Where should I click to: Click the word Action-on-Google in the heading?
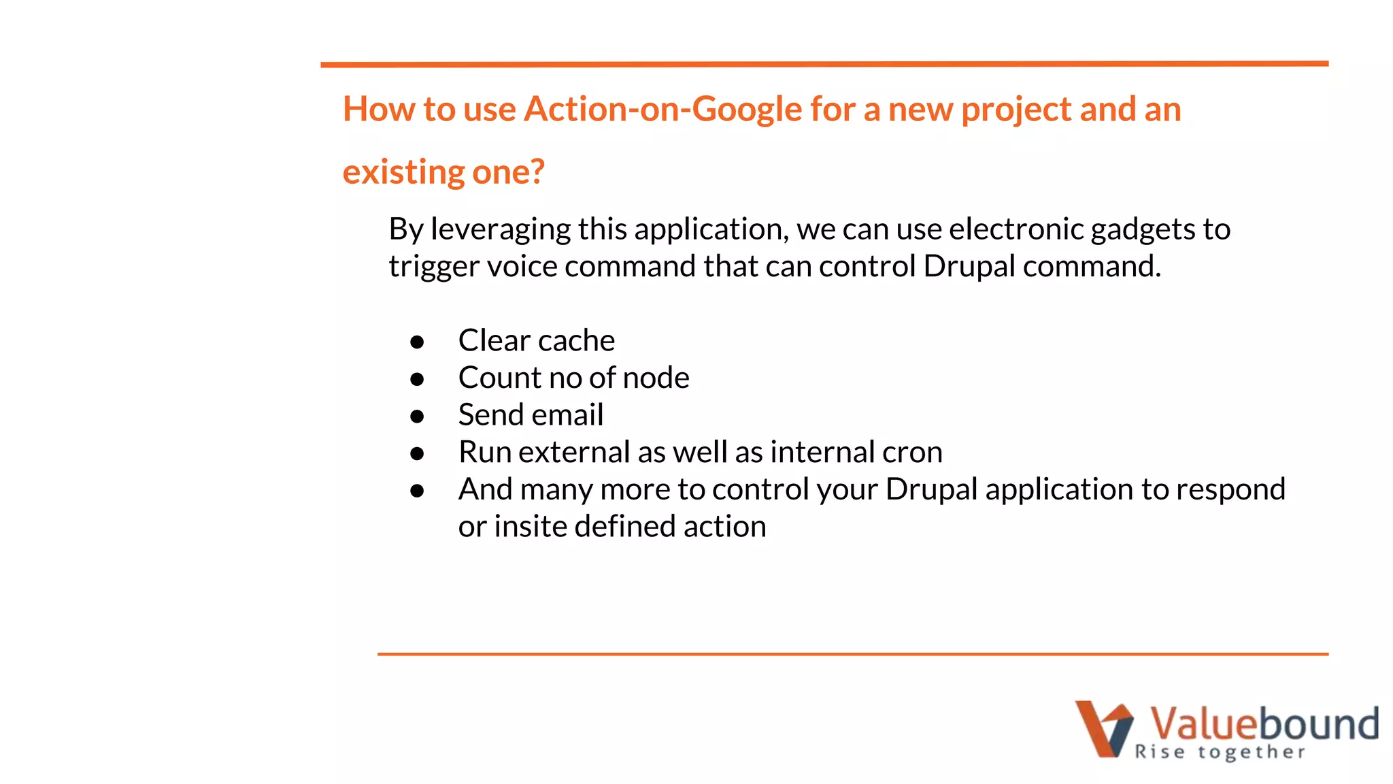pos(662,109)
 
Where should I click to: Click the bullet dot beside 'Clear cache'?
pos(417,342)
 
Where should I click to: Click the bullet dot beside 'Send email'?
pos(417,416)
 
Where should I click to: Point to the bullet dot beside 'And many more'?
pos(417,490)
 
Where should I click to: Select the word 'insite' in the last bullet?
pos(530,527)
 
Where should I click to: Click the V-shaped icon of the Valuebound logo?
pos(1103,728)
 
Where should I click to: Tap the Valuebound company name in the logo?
pos(1264,723)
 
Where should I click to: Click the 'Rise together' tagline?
pos(1220,752)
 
